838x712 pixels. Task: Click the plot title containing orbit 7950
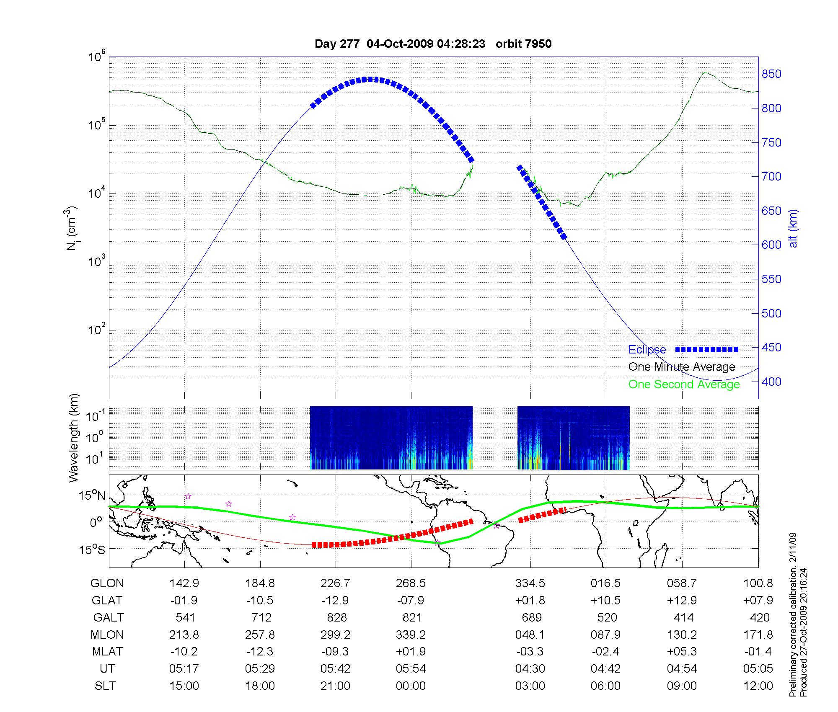tap(433, 44)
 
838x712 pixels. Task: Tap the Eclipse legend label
tap(647, 350)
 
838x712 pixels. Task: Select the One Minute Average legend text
tap(682, 367)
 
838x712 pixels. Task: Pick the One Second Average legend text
tap(684, 384)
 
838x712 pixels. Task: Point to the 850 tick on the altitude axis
tap(771, 74)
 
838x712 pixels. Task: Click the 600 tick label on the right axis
tap(771, 245)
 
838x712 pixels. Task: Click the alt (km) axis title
tap(793, 228)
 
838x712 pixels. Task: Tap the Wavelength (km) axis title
tap(74, 438)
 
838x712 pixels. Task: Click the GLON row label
tap(107, 583)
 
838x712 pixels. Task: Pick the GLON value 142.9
tap(184, 583)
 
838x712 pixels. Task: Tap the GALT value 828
tap(336, 618)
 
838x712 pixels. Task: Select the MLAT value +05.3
tap(682, 652)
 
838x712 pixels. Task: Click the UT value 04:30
tap(530, 669)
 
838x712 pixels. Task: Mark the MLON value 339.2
tap(411, 635)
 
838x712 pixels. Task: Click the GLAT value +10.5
tap(605, 601)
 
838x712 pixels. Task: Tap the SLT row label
tap(105, 686)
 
